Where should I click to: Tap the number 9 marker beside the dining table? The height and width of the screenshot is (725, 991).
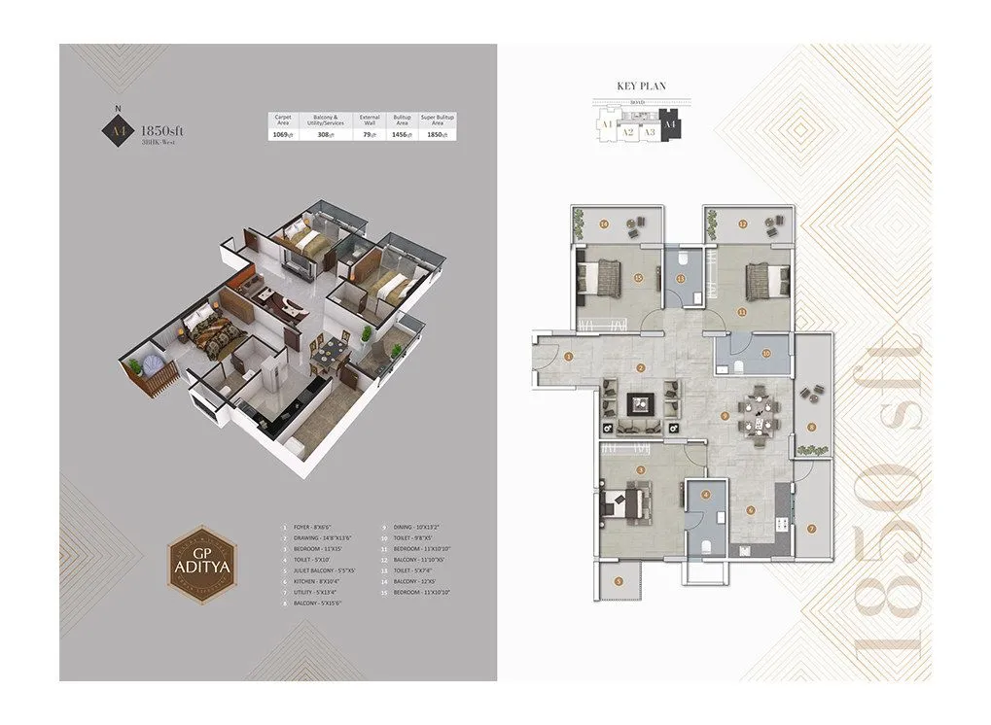pos(726,416)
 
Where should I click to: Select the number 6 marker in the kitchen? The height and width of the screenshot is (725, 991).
pos(750,509)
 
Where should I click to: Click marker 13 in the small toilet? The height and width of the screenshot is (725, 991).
pos(682,279)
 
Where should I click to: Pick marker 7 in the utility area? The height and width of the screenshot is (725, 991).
pos(812,530)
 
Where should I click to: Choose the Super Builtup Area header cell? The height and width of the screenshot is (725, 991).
pos(438,121)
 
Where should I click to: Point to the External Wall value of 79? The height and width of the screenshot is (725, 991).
pos(369,136)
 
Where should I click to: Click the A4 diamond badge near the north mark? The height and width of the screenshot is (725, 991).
pos(118,128)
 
